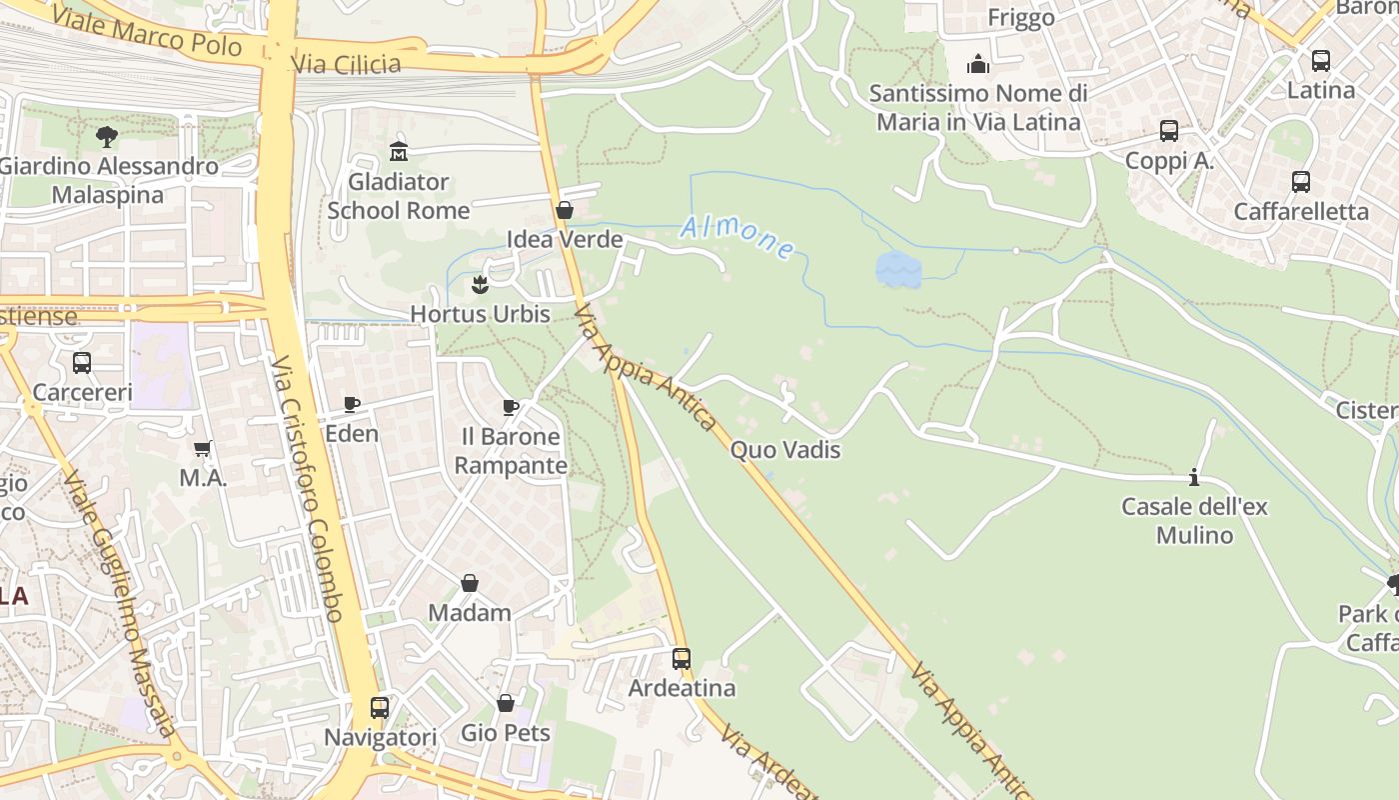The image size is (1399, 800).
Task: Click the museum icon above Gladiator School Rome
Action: coord(399,152)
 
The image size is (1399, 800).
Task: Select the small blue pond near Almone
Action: coord(897,270)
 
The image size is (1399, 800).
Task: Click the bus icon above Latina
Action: coord(1320,61)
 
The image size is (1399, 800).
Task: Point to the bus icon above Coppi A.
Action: coord(1168,131)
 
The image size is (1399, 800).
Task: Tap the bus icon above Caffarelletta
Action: coord(1300,182)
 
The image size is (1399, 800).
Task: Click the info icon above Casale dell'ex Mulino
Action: coord(1194,477)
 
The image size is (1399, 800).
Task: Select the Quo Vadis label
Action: coord(784,450)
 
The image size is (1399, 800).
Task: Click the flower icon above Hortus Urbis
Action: coord(480,284)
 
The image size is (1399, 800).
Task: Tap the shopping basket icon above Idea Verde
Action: coord(564,210)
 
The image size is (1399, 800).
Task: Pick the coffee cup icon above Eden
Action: coord(352,404)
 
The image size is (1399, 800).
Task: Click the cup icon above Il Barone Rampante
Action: coord(511,407)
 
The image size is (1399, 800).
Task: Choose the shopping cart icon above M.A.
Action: coord(203,449)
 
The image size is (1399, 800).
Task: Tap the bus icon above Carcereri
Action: coord(82,362)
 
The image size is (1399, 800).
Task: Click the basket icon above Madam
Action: coord(469,583)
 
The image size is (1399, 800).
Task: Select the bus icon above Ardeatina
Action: coord(682,659)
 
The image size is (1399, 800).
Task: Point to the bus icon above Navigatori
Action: coord(380,708)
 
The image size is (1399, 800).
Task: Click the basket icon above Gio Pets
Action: coord(506,703)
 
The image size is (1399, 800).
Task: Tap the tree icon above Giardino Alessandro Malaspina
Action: coord(107,137)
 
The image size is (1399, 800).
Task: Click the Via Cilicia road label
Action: coord(346,65)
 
